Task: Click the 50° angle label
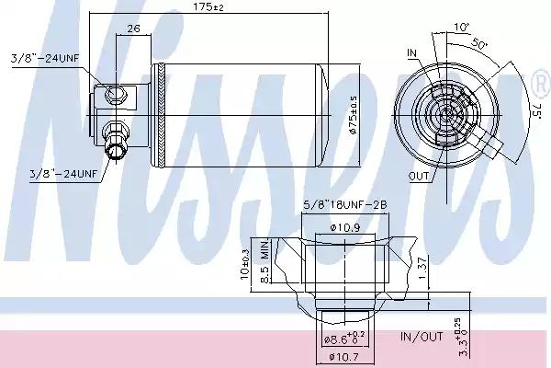click(479, 43)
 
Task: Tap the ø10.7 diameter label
click(345, 356)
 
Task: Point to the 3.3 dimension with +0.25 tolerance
click(464, 339)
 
